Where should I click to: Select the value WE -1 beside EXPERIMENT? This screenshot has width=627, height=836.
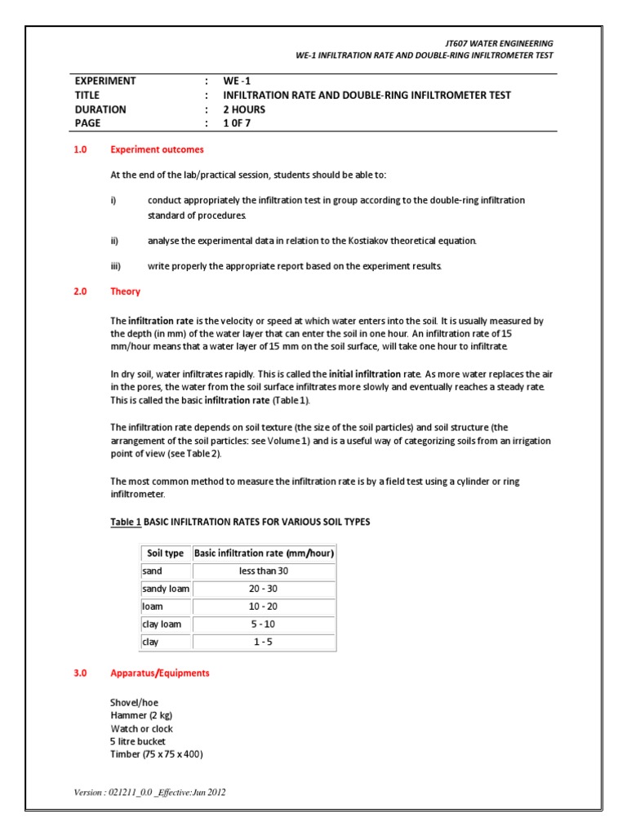[x=238, y=81]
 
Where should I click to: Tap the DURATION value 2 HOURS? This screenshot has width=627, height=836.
[x=245, y=109]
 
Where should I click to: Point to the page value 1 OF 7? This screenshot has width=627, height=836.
[x=240, y=123]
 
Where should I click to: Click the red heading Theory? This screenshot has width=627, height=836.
[x=125, y=291]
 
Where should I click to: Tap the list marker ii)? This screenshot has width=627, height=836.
[x=114, y=241]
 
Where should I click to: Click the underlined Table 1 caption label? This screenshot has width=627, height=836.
[x=126, y=522]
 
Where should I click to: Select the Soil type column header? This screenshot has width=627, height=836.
[x=165, y=553]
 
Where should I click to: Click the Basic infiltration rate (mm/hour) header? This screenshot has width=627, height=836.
[x=264, y=553]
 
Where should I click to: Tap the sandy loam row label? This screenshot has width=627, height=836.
[x=165, y=588]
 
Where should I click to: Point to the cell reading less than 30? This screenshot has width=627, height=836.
[x=264, y=571]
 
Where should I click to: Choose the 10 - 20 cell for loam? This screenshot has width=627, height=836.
[x=264, y=606]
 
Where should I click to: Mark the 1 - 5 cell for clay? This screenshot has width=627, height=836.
[x=264, y=642]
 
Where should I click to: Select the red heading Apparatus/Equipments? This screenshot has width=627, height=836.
[x=159, y=674]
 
